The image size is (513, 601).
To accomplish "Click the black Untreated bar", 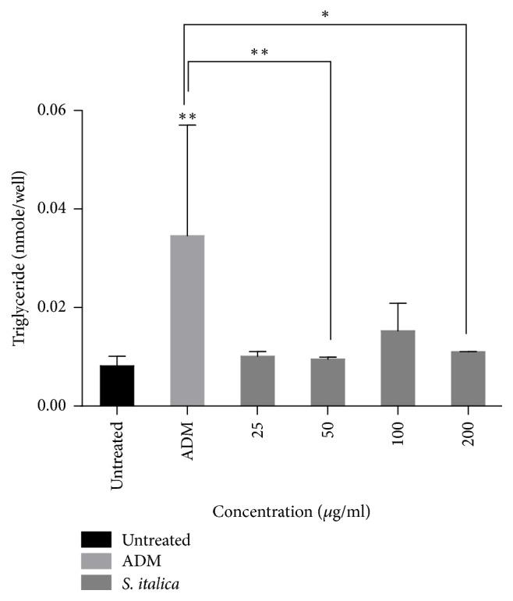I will coord(117,385).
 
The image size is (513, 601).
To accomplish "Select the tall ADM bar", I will coord(187,320).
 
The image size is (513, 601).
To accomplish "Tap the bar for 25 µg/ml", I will coord(257,380).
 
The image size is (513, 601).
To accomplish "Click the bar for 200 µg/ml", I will coord(468,379).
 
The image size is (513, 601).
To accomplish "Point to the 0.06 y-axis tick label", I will coord(51,111).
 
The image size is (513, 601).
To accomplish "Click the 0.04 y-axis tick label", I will coord(51,209).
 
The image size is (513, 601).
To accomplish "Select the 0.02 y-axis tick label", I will coord(51,307).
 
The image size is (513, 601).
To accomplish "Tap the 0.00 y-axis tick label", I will coord(51,405).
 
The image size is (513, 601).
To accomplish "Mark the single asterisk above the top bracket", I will coord(324,15).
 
